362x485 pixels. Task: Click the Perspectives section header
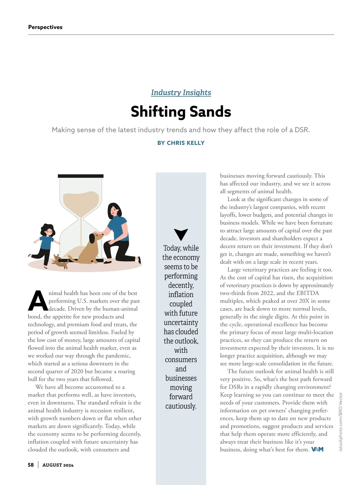coord(45,27)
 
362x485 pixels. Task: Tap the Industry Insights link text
coord(181,92)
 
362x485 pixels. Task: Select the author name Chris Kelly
coord(186,143)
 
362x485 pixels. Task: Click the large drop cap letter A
coord(38,301)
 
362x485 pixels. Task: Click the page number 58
coord(31,465)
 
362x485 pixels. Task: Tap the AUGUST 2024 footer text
coord(58,465)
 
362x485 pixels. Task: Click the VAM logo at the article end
coord(317,449)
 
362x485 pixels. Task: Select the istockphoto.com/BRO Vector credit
coord(341,422)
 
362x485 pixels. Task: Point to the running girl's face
coord(49,233)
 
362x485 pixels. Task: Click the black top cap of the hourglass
coord(81,176)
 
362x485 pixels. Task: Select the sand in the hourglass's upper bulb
coord(81,201)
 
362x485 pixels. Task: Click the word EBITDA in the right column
coord(307,293)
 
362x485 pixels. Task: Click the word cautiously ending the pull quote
coord(181,406)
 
